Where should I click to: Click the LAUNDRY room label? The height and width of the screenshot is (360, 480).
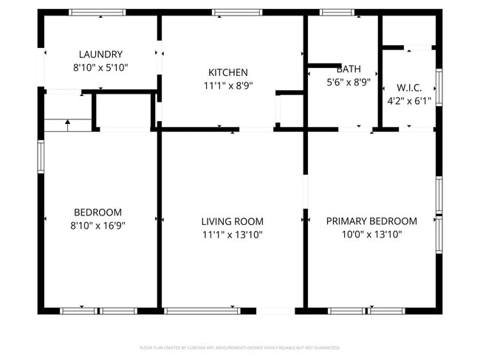(x=100, y=54)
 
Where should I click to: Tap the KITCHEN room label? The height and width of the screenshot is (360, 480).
(x=227, y=72)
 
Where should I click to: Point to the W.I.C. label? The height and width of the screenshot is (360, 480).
(x=409, y=87)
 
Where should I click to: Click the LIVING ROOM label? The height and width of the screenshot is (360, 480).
(x=232, y=221)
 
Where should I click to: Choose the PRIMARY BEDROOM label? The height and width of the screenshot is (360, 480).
(x=371, y=221)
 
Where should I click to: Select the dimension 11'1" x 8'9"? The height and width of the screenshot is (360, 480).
(x=227, y=85)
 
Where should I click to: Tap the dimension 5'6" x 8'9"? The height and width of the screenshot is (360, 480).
(x=349, y=83)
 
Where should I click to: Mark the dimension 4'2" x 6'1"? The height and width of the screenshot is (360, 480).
(x=409, y=100)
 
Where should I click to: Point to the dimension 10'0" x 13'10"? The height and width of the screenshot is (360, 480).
(x=371, y=235)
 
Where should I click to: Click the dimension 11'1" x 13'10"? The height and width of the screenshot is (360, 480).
(x=232, y=235)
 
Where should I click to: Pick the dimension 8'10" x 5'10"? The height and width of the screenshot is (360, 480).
(x=100, y=67)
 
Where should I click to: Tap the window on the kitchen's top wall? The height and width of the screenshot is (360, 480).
(x=237, y=12)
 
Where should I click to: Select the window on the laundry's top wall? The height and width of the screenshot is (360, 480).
(x=97, y=12)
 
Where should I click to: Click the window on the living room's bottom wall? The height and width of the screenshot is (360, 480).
(x=202, y=311)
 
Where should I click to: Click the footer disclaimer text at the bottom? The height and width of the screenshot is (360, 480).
(x=239, y=347)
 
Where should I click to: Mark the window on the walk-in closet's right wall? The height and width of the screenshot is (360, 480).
(x=439, y=87)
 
